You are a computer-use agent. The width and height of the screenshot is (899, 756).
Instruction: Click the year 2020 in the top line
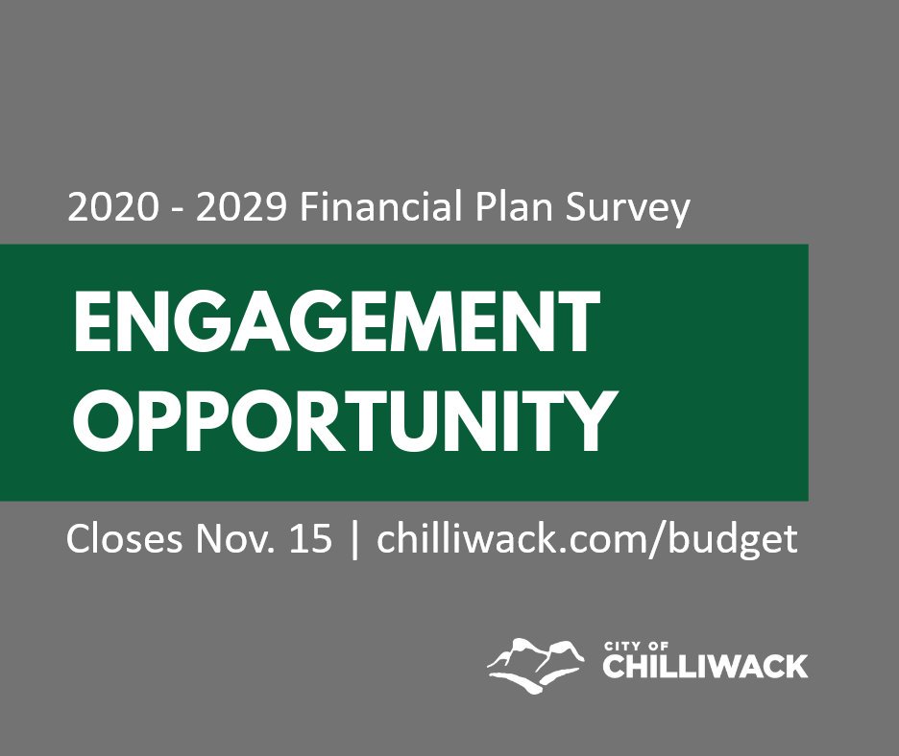point(112,207)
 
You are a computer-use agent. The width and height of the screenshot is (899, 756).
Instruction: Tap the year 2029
point(241,207)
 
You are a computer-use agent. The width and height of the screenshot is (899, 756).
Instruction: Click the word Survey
point(628,209)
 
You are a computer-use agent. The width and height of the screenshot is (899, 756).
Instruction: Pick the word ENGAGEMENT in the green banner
point(336,321)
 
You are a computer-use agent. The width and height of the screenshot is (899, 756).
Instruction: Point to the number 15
point(310,539)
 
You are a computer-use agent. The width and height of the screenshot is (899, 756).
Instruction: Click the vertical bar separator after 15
point(355,539)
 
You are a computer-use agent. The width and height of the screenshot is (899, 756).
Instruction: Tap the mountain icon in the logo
point(536,665)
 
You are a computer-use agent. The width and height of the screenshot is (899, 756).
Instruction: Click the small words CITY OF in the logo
point(637,647)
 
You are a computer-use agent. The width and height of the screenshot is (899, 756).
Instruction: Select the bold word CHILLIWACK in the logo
point(705,667)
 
